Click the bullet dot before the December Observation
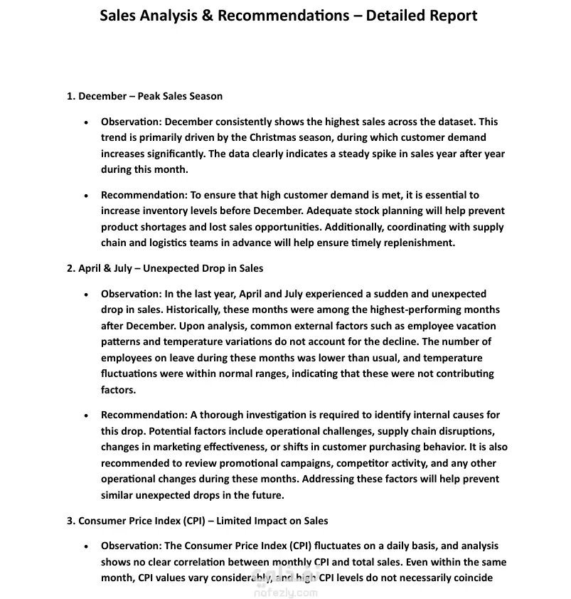(x=86, y=122)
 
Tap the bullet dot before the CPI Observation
(x=86, y=546)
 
